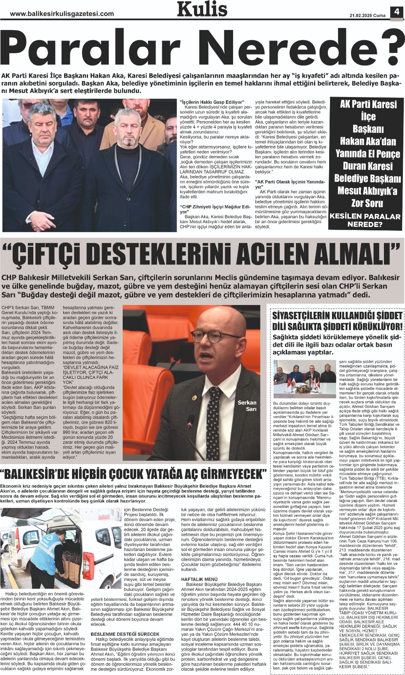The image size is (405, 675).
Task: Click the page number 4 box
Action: (x=397, y=12)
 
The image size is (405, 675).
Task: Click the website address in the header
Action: (x=62, y=14)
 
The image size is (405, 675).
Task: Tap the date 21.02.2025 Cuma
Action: (x=367, y=16)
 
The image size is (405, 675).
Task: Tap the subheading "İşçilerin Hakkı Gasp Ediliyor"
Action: (x=212, y=102)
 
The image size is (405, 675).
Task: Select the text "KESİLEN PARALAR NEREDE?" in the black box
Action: (x=365, y=220)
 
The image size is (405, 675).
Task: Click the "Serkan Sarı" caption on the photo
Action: (x=247, y=405)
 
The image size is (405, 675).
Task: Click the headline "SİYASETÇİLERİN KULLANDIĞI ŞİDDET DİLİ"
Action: (x=337, y=321)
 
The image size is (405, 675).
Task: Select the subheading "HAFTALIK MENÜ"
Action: (x=199, y=579)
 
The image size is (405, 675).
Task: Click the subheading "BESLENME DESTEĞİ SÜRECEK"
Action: (x=119, y=634)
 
